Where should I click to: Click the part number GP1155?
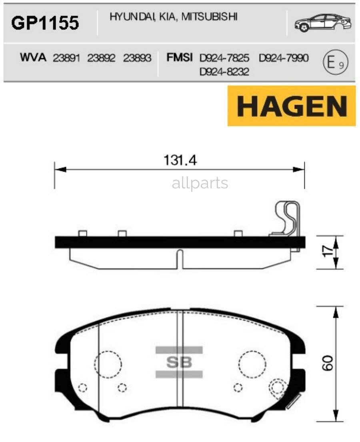[45, 23]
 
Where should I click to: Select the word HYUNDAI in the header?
[127, 16]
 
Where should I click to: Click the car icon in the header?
[322, 23]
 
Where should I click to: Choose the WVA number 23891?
[66, 58]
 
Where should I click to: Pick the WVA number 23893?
[137, 58]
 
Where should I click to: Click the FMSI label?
[180, 58]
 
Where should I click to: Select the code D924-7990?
[284, 58]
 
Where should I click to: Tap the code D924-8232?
[224, 72]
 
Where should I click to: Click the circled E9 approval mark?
[334, 62]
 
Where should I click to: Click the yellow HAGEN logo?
[292, 106]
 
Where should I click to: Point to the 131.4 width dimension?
[180, 160]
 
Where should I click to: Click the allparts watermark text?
[200, 183]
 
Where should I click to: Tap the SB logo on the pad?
[179, 362]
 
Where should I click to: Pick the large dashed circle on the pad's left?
[108, 364]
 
